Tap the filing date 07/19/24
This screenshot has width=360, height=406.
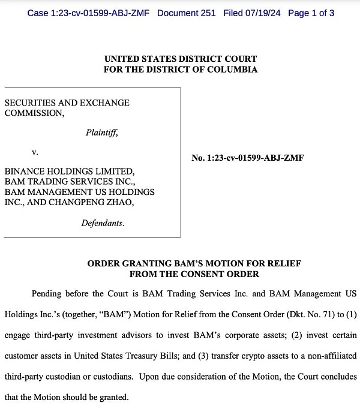[262, 13]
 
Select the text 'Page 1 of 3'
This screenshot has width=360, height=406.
[311, 13]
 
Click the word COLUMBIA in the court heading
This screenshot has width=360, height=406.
[233, 70]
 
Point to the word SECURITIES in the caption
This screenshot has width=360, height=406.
[28, 103]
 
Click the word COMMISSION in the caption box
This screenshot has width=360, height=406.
[32, 113]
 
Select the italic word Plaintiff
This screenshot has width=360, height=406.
[101, 133]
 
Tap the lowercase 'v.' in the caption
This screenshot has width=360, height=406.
[35, 153]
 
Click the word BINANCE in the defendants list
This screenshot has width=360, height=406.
[24, 172]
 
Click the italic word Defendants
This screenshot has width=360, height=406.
[103, 223]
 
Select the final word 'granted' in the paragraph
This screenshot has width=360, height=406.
[115, 396]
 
